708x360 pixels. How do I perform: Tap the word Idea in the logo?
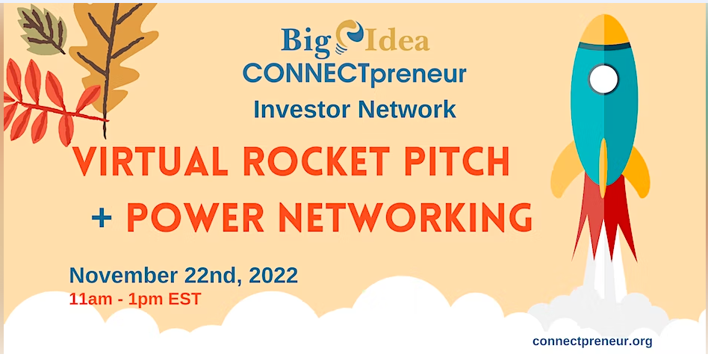coord(397,40)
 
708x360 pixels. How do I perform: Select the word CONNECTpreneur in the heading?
coord(355,74)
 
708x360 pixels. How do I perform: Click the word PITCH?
coord(456,161)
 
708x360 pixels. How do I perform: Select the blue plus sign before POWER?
coord(102,219)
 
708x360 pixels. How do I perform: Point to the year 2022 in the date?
coord(273,276)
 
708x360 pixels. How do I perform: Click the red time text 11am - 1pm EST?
coord(135,300)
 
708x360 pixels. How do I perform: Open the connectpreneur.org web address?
coord(592,341)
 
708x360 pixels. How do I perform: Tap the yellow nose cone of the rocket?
coord(604,29)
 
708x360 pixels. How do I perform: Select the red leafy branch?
coord(52,102)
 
